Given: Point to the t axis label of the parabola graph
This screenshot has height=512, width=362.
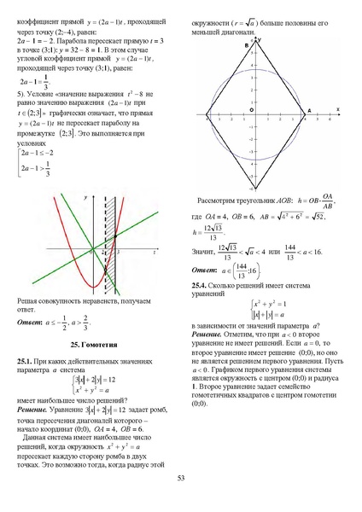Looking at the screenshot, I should click(153, 253).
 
